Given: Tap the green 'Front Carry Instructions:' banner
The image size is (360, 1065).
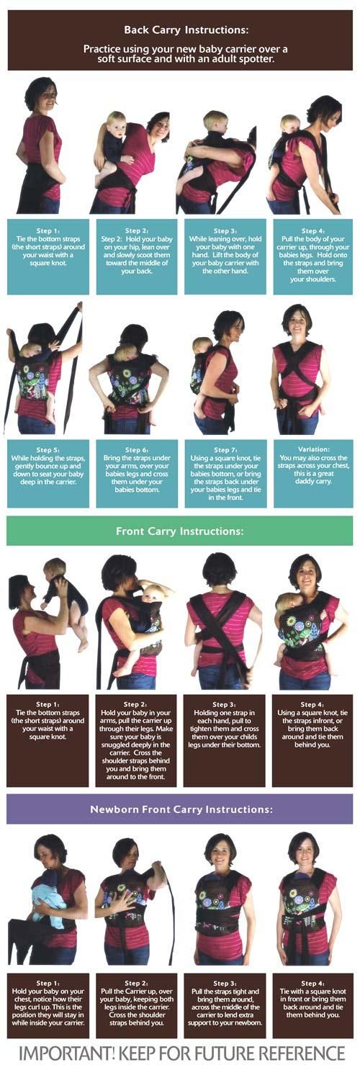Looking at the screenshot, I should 179,531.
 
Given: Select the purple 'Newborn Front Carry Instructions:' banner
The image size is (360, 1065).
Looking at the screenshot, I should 179,809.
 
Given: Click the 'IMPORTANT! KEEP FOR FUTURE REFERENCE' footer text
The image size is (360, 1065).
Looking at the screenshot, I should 180,1051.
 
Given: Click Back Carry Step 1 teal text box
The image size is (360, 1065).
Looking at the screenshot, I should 48,256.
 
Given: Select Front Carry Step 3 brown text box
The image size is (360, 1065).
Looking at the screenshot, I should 225,740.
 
